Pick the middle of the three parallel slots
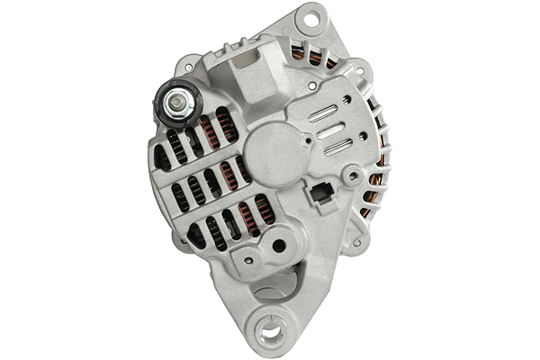(331, 130)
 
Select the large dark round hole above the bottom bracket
(279, 245)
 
